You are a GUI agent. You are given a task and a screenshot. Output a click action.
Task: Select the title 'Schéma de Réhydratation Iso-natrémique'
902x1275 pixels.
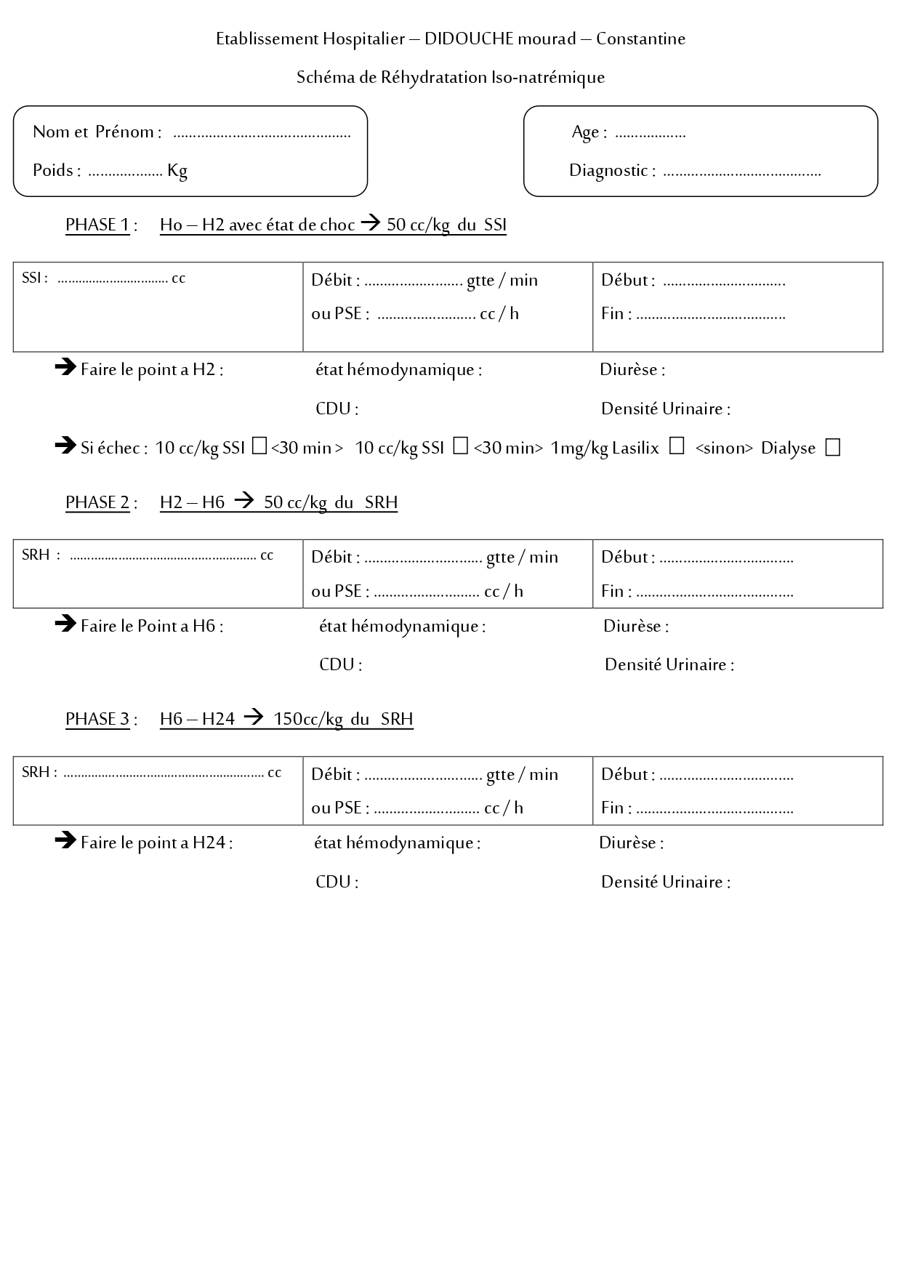pos(451,78)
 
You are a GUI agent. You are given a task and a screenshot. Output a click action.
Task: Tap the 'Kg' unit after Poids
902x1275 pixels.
pos(177,171)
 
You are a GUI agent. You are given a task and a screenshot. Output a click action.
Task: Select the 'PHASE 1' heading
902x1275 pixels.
pos(97,225)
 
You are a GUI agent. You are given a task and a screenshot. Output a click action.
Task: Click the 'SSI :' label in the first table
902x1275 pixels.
pos(34,278)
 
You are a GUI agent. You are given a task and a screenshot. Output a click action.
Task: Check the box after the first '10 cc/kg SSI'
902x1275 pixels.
pos(259,446)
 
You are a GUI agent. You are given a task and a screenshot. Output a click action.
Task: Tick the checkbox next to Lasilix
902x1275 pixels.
pos(677,446)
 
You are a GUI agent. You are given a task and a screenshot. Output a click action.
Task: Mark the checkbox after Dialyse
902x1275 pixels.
pos(833,448)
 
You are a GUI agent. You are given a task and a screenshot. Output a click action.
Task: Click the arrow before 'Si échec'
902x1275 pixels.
pos(65,445)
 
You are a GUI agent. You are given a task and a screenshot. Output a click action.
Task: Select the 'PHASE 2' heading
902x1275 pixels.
pos(97,503)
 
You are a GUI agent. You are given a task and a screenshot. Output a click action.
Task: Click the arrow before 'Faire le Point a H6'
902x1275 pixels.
pos(65,624)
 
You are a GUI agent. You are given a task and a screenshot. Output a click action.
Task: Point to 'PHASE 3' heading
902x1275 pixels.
pos(97,720)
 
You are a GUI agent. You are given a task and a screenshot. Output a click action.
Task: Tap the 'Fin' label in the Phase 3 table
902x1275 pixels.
pos(612,808)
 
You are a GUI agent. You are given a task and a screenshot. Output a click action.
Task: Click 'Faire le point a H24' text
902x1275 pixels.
pos(156,843)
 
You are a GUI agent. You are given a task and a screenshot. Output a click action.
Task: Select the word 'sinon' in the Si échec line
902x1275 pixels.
pos(723,449)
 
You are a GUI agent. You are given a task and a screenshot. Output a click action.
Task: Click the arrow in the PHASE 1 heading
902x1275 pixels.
pos(371,224)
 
